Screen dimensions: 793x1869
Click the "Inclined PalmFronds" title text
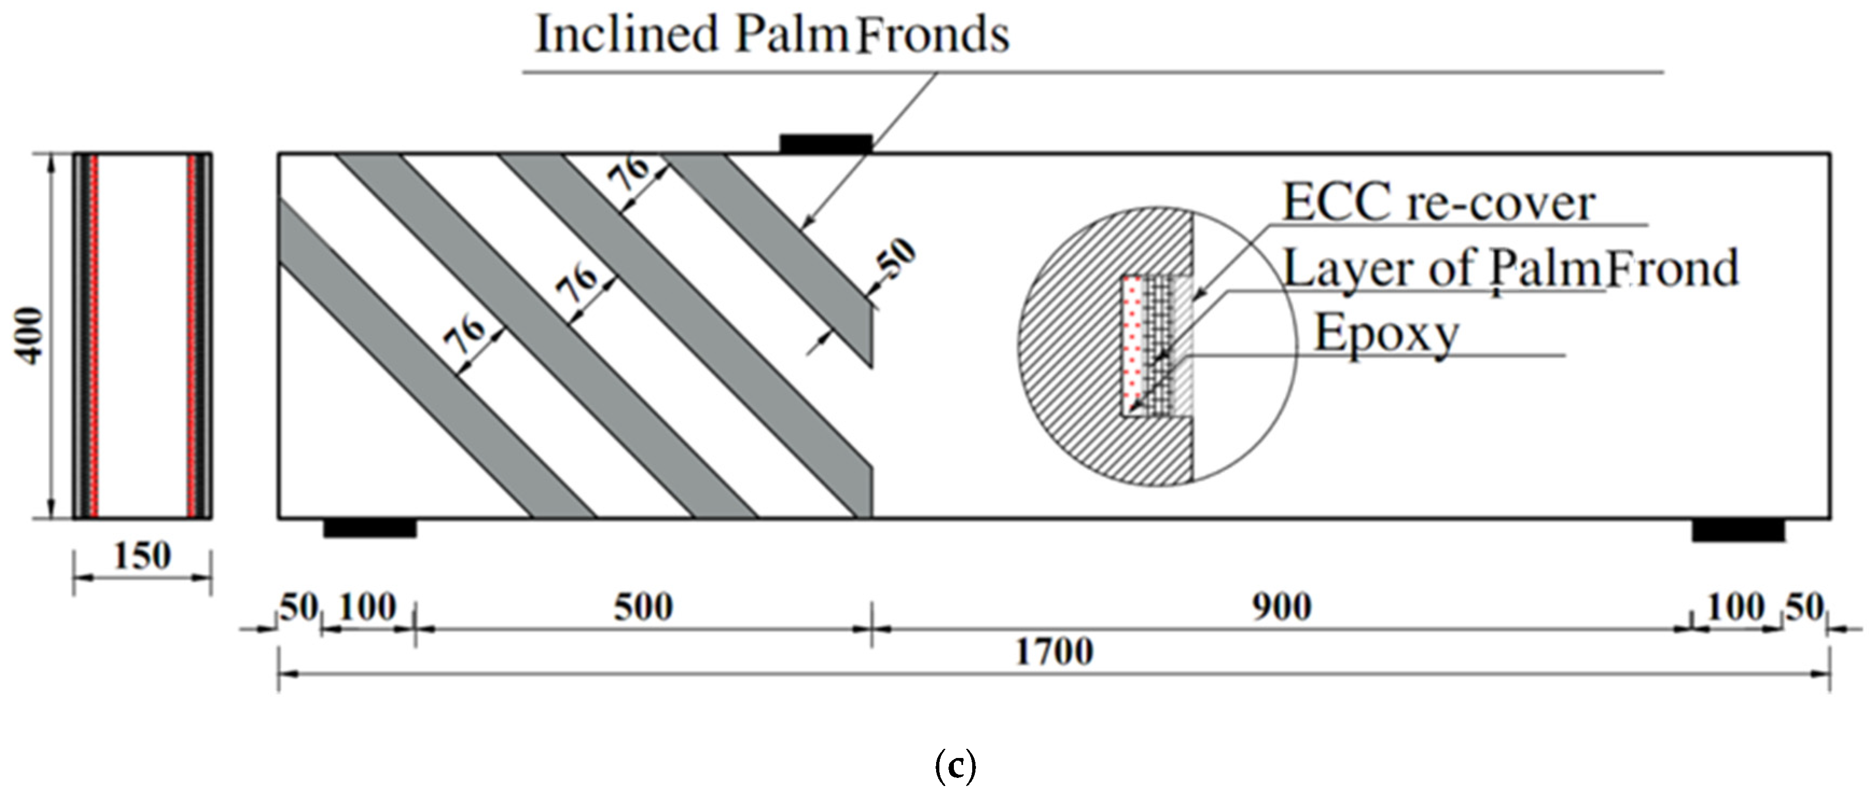click(772, 35)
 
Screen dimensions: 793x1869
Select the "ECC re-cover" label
click(1439, 203)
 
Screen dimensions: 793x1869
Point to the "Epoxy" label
click(1386, 334)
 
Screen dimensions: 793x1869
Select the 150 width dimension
click(142, 557)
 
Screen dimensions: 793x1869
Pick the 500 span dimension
click(643, 607)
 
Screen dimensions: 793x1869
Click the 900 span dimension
click(1281, 607)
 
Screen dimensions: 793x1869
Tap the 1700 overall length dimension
click(1054, 651)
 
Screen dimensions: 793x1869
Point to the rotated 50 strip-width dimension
click(897, 259)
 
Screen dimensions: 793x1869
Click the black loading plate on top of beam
click(826, 144)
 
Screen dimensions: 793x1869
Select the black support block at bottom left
click(370, 528)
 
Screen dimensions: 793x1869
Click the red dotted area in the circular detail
click(1131, 341)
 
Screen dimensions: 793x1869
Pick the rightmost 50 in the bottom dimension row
click(1804, 607)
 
